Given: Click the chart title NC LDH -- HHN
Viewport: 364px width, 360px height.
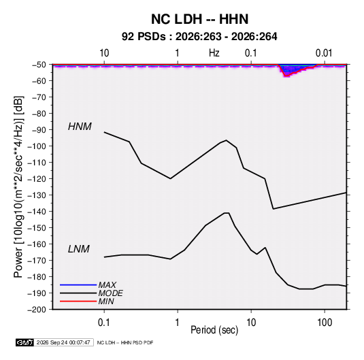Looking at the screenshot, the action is click(x=199, y=19).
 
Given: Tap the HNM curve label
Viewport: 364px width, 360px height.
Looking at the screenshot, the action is click(x=80, y=127).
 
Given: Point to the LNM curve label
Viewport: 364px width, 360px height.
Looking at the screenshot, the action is click(x=79, y=249).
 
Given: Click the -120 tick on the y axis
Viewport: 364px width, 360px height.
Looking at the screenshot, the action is click(x=37, y=179).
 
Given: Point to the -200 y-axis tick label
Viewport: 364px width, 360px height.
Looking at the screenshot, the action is click(x=37, y=310).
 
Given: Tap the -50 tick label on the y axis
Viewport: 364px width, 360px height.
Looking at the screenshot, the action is click(x=39, y=65).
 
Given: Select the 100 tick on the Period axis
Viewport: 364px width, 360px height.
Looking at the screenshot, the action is click(x=325, y=323).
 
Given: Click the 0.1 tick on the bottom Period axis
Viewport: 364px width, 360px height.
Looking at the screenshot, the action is click(x=104, y=323).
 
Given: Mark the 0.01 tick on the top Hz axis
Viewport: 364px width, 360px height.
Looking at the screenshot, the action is click(x=324, y=53).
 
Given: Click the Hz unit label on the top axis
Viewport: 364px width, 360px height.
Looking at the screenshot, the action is click(x=214, y=53).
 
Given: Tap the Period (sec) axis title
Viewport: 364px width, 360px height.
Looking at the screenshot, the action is click(x=214, y=330).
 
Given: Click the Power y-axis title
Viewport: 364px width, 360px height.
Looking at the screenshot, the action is click(x=18, y=187).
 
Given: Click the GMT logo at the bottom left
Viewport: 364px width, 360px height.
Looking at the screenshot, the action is click(x=24, y=342).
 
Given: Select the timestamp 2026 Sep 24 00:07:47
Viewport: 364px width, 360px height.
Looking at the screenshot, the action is click(x=63, y=342).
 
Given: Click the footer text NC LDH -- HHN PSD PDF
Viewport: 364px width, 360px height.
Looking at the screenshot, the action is click(x=125, y=343).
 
